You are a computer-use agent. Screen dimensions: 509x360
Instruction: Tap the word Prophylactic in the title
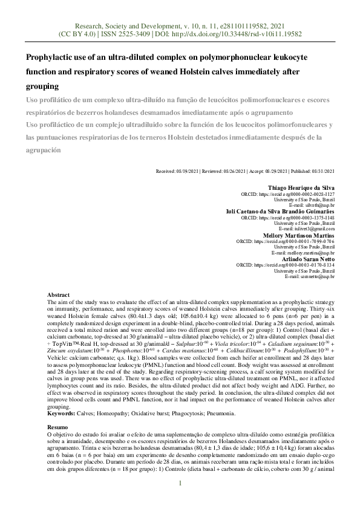(51, 58)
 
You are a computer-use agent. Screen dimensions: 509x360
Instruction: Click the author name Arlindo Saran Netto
(306, 258)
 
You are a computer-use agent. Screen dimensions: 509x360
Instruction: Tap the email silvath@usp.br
(321, 206)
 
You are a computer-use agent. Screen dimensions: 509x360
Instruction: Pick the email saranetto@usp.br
(318, 276)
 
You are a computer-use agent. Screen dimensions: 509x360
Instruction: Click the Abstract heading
(59, 294)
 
